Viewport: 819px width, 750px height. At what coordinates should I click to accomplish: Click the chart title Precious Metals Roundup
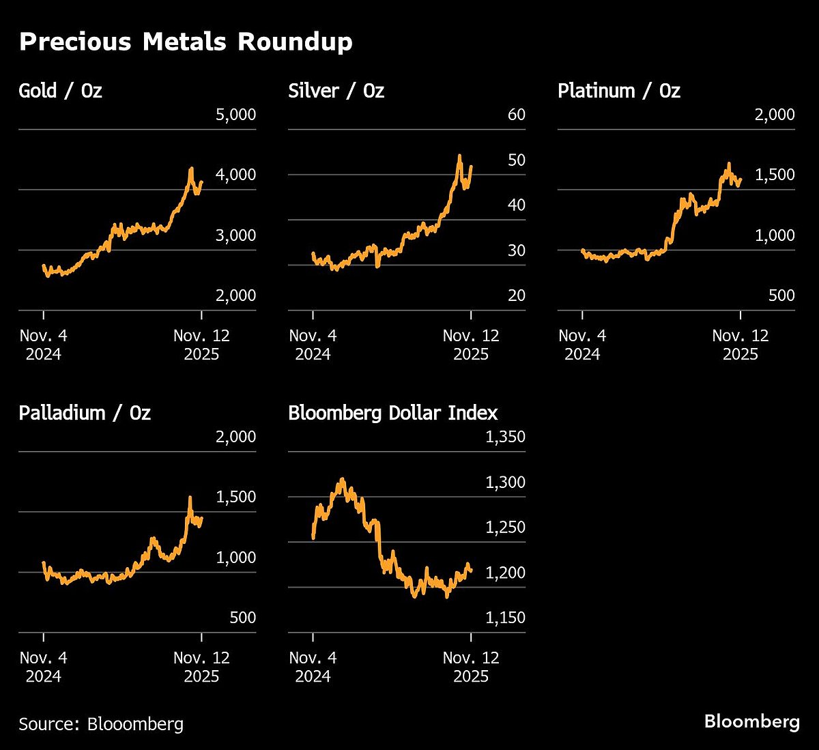pos(186,42)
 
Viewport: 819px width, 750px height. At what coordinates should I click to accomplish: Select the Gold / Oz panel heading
pos(60,91)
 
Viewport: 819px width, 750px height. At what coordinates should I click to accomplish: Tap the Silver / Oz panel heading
pos(336,91)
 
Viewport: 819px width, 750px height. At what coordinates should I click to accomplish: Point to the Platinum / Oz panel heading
pos(618,91)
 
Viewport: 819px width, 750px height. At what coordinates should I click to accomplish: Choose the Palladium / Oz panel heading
pos(85,413)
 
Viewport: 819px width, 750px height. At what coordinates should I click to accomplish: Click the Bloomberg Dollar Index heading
pos(392,413)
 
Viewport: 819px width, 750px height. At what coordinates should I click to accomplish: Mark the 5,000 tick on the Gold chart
pos(235,115)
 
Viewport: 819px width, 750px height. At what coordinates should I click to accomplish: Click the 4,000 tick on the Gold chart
pos(235,175)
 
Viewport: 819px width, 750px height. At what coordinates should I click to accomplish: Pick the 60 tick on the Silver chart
pos(516,115)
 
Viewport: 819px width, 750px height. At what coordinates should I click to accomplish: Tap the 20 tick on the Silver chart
pos(516,295)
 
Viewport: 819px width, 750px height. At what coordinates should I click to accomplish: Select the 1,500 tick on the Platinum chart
pos(774,175)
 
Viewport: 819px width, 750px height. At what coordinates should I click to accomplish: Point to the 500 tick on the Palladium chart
pos(242,618)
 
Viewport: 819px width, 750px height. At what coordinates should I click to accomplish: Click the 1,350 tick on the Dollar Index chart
pos(505,437)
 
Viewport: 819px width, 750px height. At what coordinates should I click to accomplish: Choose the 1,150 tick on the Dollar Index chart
pos(505,618)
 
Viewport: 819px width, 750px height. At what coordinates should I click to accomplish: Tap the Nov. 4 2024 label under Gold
pos(43,345)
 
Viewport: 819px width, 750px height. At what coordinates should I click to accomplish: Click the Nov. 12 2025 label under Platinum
pos(740,345)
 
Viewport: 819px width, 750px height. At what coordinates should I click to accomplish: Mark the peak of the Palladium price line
pos(190,497)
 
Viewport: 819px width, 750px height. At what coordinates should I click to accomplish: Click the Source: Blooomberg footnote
pos(101,724)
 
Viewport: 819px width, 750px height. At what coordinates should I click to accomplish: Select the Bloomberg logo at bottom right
pos(751,721)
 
